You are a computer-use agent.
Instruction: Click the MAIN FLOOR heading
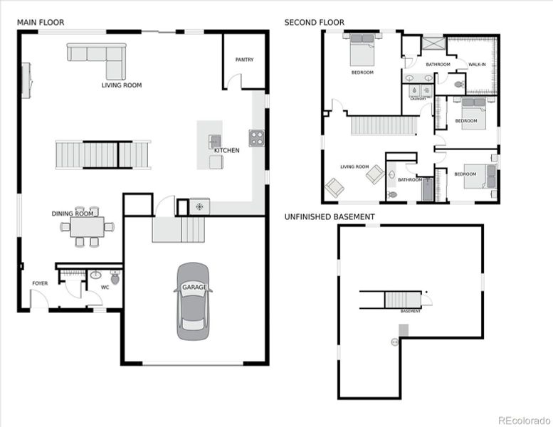click(41, 23)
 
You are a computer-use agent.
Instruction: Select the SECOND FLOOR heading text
click(314, 23)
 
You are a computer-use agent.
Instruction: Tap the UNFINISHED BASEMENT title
click(330, 216)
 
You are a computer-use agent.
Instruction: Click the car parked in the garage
click(194, 300)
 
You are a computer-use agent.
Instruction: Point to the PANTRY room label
click(244, 60)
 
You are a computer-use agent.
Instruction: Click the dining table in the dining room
click(87, 227)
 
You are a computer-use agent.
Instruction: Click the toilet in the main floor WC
click(115, 278)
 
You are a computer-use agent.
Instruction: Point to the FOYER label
click(40, 283)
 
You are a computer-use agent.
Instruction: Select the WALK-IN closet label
click(477, 65)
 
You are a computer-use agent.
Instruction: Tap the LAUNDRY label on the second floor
click(417, 98)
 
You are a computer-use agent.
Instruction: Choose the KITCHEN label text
click(227, 151)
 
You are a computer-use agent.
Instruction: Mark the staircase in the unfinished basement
click(403, 300)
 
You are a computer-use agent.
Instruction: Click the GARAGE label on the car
click(194, 288)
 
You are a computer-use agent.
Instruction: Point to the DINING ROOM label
click(73, 213)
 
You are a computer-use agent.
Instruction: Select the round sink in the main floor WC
click(95, 275)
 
